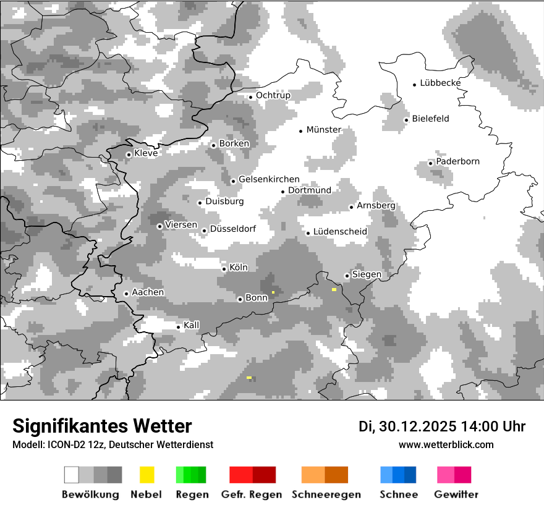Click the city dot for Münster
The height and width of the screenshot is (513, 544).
(301, 131)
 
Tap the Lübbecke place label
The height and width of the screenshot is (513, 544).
(440, 83)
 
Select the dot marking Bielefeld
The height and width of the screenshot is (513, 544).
(406, 120)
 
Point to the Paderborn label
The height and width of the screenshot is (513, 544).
(457, 161)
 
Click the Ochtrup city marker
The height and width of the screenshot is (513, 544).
(250, 96)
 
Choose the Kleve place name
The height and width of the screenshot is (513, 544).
(146, 153)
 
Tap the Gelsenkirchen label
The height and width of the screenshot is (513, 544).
(269, 179)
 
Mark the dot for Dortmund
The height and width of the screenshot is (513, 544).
(283, 192)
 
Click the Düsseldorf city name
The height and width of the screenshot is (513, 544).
(232, 229)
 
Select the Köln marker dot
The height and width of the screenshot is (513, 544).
(224, 269)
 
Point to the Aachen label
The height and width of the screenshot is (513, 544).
(148, 292)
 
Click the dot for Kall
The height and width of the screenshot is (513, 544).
(178, 327)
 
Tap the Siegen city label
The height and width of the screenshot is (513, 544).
(367, 274)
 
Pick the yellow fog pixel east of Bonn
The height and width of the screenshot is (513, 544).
(273, 292)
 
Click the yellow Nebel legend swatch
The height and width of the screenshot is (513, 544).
(147, 475)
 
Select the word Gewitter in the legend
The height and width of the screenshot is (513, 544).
(456, 494)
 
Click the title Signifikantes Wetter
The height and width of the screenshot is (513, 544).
(102, 426)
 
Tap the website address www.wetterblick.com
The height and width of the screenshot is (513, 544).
(446, 444)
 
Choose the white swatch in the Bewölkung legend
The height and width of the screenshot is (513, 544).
(72, 475)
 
